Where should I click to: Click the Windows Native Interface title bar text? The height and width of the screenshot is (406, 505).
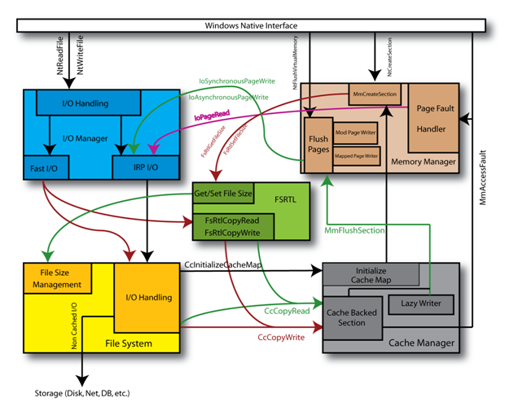tap(253, 27)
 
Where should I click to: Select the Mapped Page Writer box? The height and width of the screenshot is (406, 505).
tap(357, 155)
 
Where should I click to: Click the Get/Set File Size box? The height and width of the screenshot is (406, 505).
tap(222, 194)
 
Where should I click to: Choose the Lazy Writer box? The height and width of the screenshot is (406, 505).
tap(421, 303)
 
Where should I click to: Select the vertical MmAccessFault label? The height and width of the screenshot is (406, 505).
tap(483, 175)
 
